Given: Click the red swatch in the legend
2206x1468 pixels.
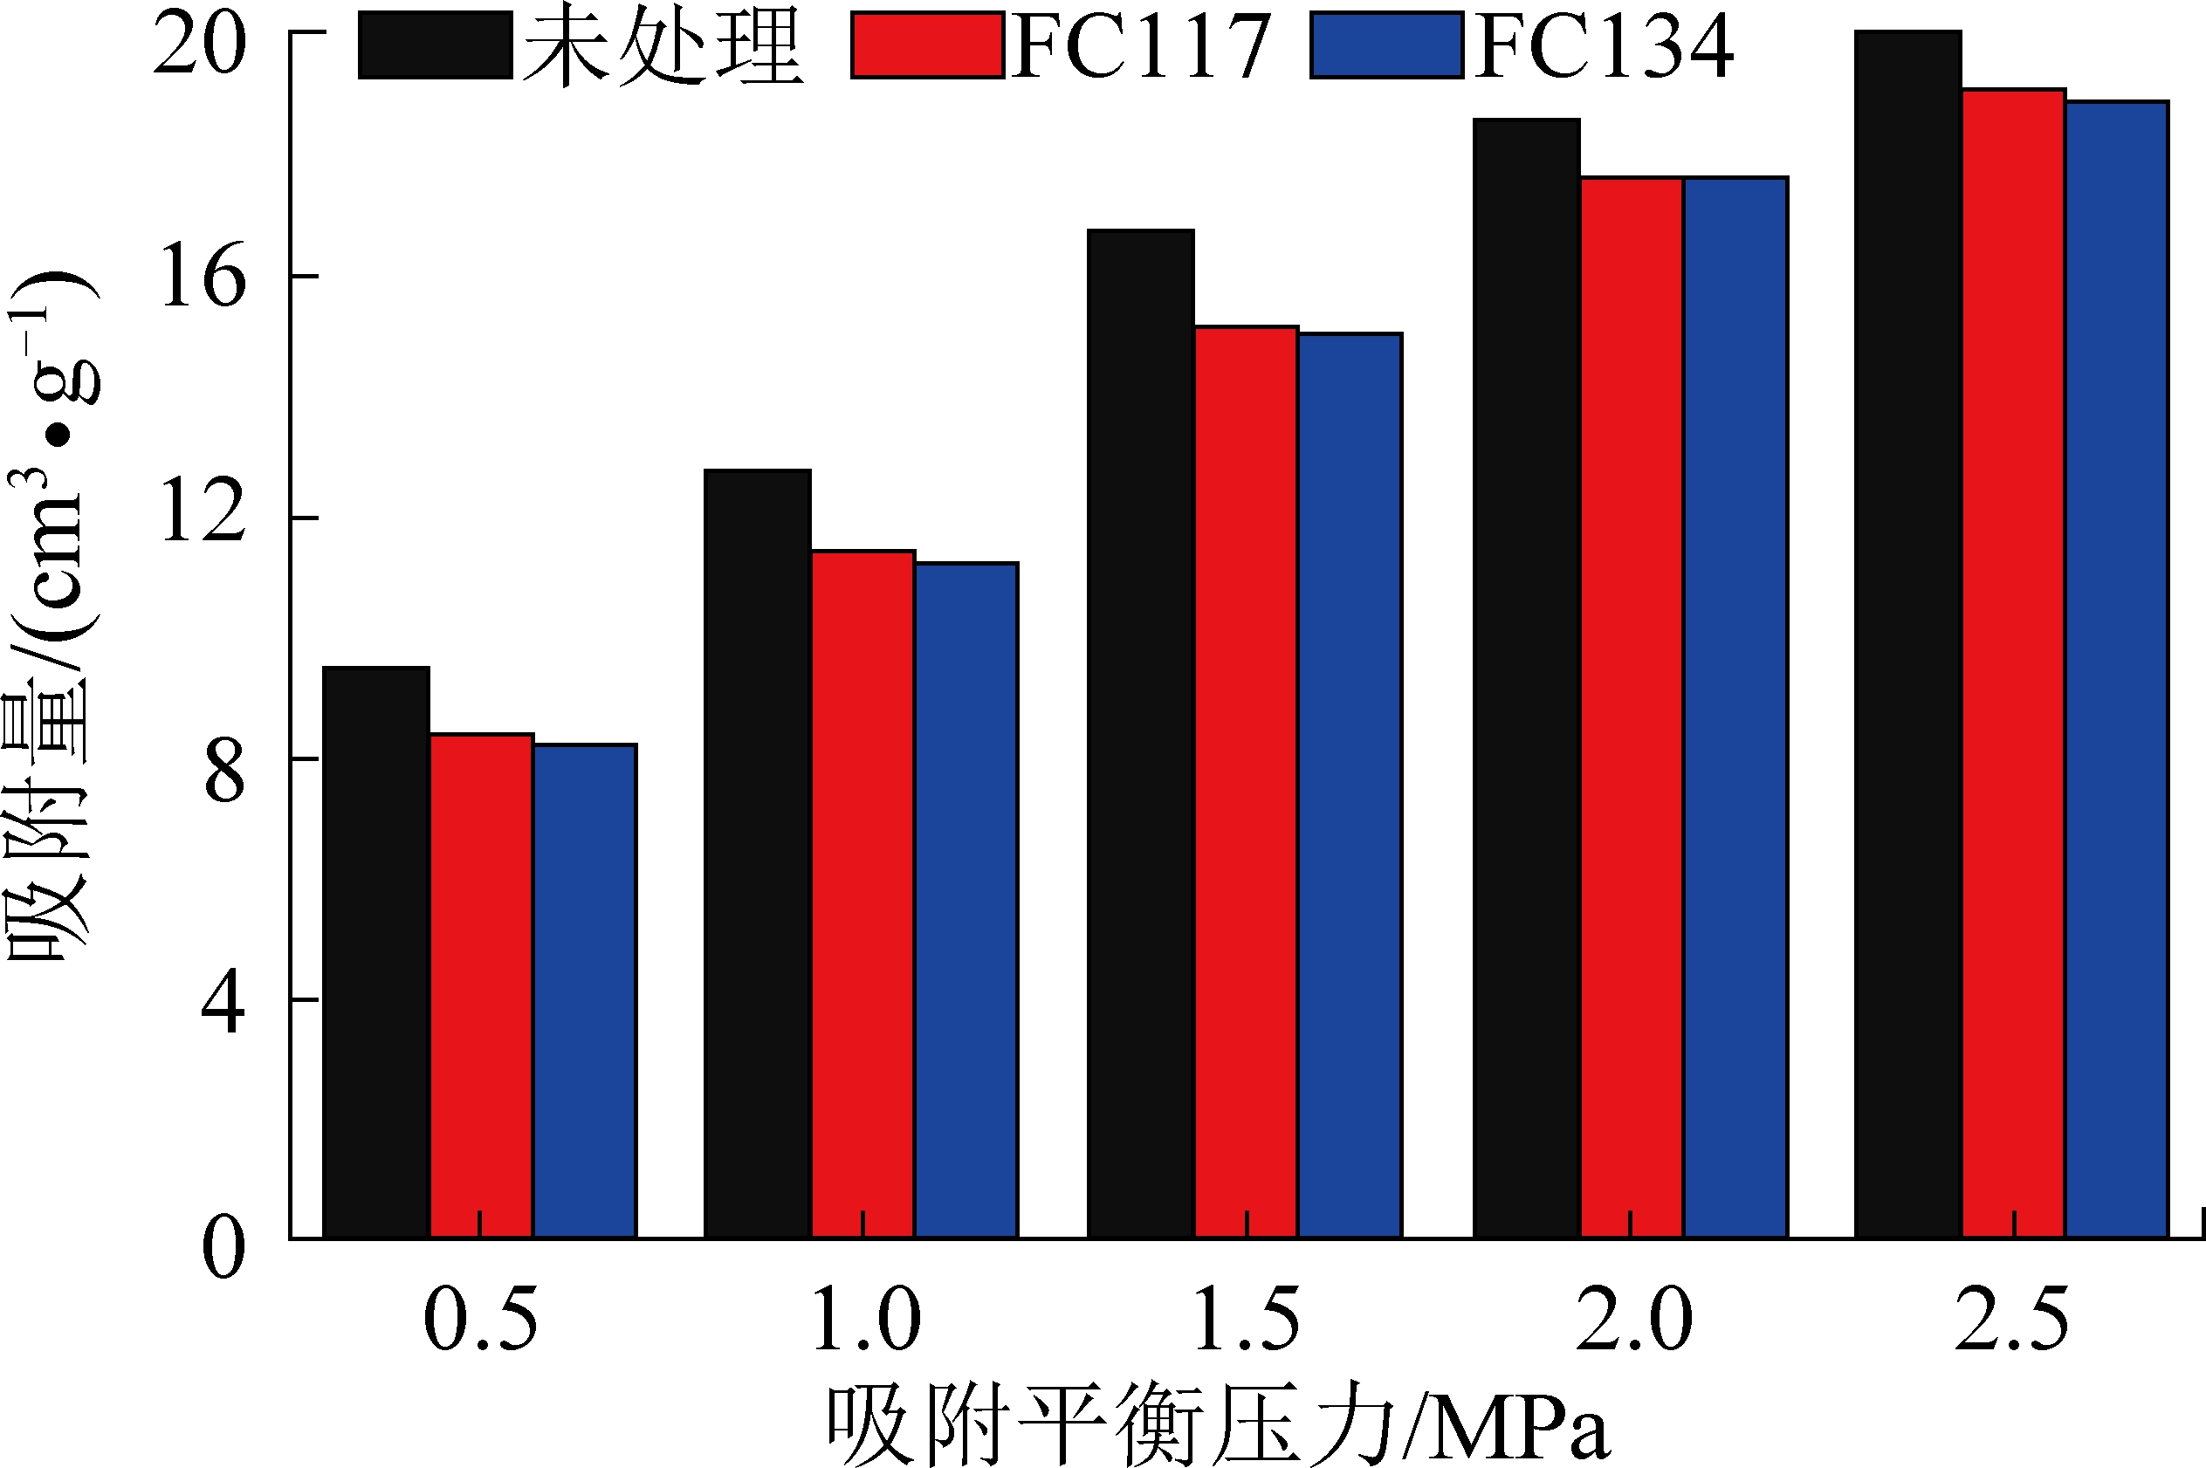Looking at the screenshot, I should (927, 45).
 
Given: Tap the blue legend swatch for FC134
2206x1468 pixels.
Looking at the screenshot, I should (1385, 45).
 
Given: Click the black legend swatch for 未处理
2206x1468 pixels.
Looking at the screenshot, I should (435, 45).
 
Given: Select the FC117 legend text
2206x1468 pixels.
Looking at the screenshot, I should (1140, 47).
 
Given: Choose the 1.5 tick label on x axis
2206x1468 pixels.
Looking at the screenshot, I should (1247, 1321).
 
